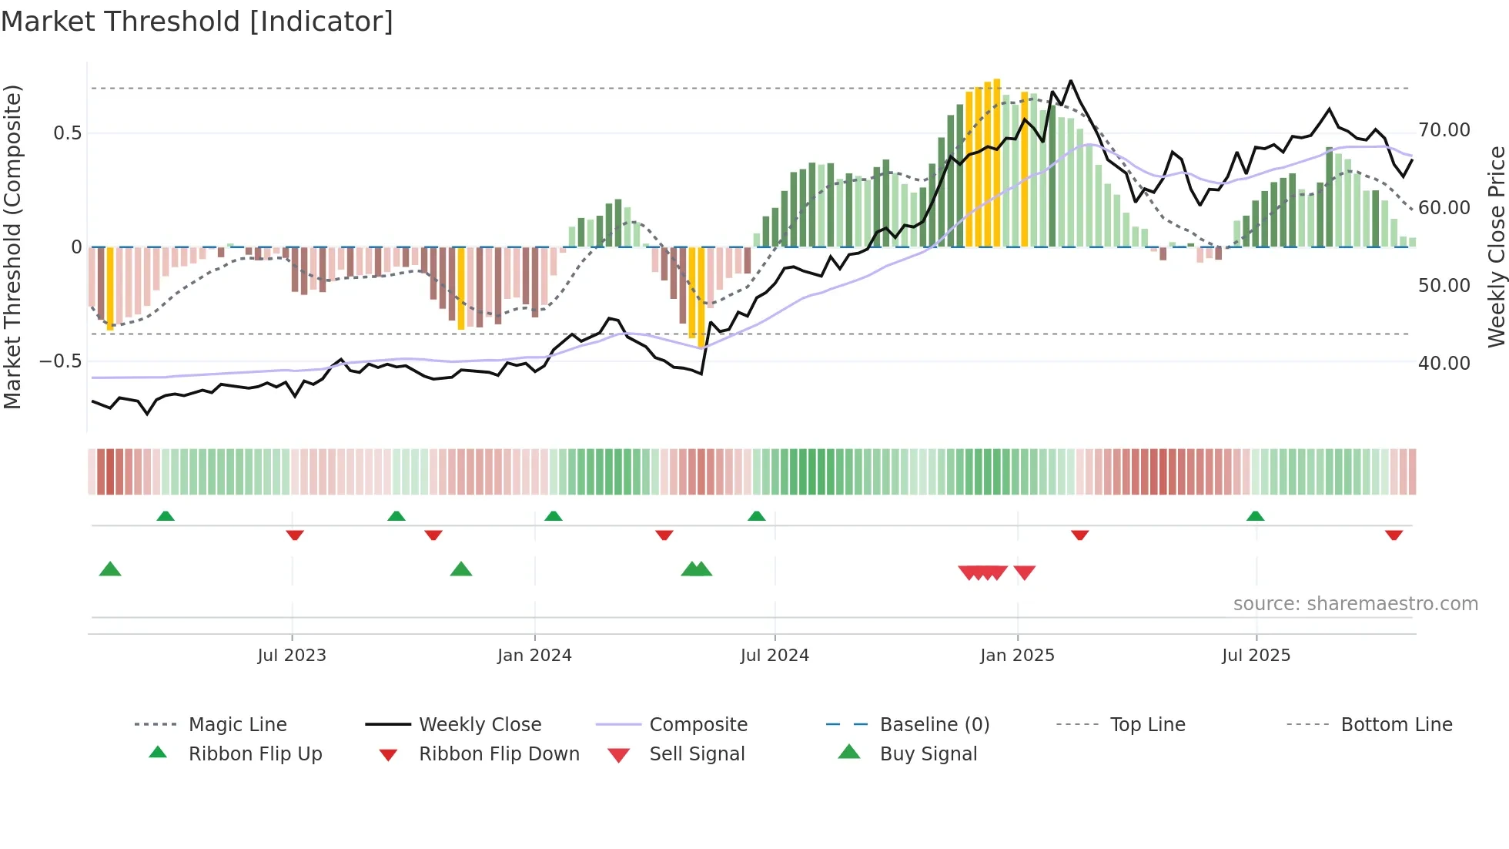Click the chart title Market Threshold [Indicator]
point(197,22)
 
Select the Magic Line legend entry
point(237,725)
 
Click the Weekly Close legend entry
point(480,725)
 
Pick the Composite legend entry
point(698,725)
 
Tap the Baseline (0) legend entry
point(934,725)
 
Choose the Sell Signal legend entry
point(697,754)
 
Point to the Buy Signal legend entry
point(928,754)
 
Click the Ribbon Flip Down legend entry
point(498,754)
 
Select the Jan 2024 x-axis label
point(534,656)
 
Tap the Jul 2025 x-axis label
point(1256,656)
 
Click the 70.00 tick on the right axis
point(1444,130)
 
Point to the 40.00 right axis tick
point(1444,363)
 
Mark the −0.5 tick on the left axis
point(61,361)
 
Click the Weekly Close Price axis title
point(1496,247)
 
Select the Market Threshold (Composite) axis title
point(12,247)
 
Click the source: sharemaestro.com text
point(1355,604)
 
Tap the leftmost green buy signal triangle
point(110,569)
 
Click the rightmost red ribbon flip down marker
point(1394,535)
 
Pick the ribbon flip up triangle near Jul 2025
point(1255,515)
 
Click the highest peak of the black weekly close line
point(1070,81)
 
